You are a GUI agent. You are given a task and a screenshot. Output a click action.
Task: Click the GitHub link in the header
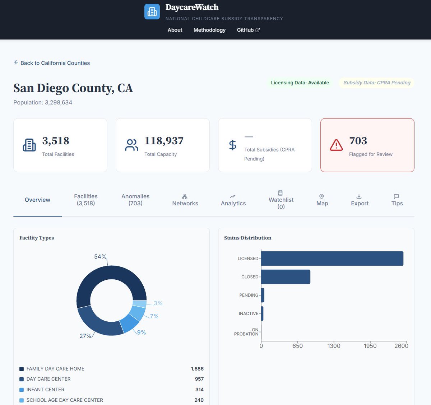pyautogui.click(x=248, y=30)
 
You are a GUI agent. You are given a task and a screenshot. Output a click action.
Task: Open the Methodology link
pyautogui.click(x=209, y=30)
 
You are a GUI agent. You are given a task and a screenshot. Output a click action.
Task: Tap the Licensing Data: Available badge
pyautogui.click(x=300, y=83)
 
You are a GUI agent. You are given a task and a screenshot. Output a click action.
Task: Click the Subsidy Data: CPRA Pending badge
pyautogui.click(x=377, y=83)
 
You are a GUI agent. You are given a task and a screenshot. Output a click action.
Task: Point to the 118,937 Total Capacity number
pyautogui.click(x=164, y=141)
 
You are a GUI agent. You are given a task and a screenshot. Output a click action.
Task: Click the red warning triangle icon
pyautogui.click(x=336, y=145)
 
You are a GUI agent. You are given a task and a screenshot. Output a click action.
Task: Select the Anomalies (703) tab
pyautogui.click(x=135, y=200)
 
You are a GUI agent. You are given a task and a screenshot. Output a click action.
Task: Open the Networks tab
pyautogui.click(x=185, y=200)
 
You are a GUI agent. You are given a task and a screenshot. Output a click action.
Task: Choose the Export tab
pyautogui.click(x=360, y=200)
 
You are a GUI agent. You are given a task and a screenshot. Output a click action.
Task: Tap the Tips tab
pyautogui.click(x=397, y=200)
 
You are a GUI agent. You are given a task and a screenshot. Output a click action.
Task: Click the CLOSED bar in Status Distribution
pyautogui.click(x=286, y=277)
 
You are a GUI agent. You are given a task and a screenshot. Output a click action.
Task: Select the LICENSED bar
pyautogui.click(x=332, y=259)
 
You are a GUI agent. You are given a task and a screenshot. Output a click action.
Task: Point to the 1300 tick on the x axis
pyautogui.click(x=334, y=346)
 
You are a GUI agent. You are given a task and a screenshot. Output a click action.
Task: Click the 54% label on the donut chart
pyautogui.click(x=100, y=257)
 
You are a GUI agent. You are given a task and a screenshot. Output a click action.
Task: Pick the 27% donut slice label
pyautogui.click(x=85, y=336)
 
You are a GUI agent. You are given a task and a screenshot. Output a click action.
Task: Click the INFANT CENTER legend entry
pyautogui.click(x=45, y=390)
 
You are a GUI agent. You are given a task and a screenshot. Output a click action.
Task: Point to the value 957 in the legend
pyautogui.click(x=199, y=379)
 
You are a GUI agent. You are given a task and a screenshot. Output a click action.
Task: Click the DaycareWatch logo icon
pyautogui.click(x=152, y=11)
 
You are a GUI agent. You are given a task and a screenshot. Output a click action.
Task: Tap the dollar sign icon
pyautogui.click(x=233, y=145)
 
